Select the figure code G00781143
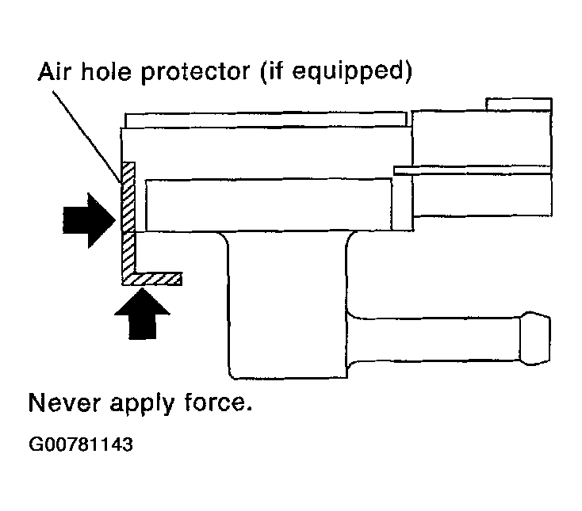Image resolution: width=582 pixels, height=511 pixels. coord(80,444)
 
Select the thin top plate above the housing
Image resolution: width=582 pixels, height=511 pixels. coord(267,119)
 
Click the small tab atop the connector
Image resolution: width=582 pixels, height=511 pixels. coord(519,104)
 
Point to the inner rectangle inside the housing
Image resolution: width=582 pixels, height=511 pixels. coord(270,204)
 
